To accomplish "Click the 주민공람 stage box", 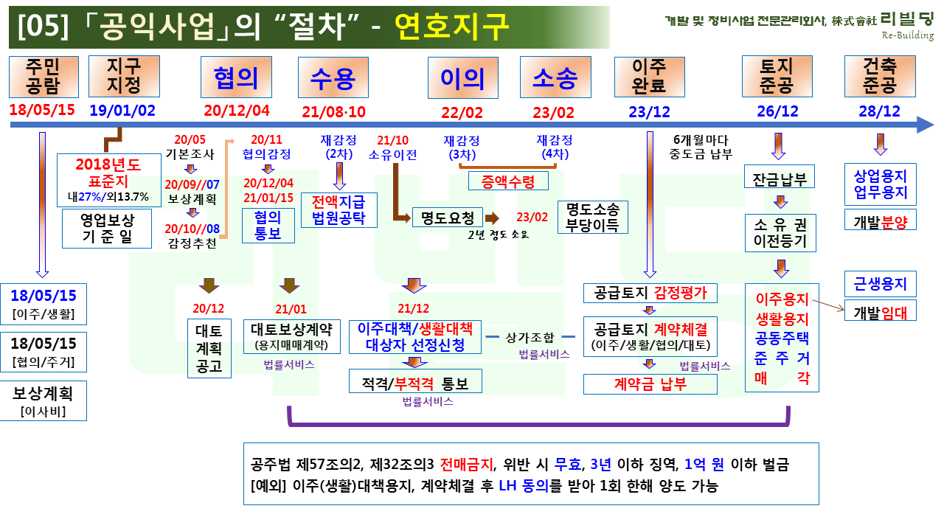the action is coord(44,77).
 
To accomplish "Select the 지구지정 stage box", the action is coord(124,76).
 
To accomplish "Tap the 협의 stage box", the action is coord(236,77).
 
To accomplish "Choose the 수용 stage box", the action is coord(333,77).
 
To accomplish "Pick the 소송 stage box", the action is coord(555,77).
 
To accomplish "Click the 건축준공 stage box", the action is coord(880,76).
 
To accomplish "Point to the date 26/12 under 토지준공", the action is coord(777,111).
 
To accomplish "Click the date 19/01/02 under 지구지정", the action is coord(122,111).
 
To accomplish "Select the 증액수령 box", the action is coord(508,181).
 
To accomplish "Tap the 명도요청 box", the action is coord(448,218).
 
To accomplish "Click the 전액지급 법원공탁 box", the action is coord(339,210).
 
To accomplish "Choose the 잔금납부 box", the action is coord(780,176).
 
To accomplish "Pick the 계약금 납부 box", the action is coord(650,384).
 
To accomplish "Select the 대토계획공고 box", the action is coord(209,349).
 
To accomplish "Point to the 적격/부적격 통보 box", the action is coord(415,381).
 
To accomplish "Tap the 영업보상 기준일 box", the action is coord(107,229).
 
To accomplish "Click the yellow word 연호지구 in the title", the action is coord(452,27).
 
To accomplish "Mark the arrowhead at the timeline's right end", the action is coord(926,125).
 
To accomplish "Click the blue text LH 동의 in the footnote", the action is coord(524,486).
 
